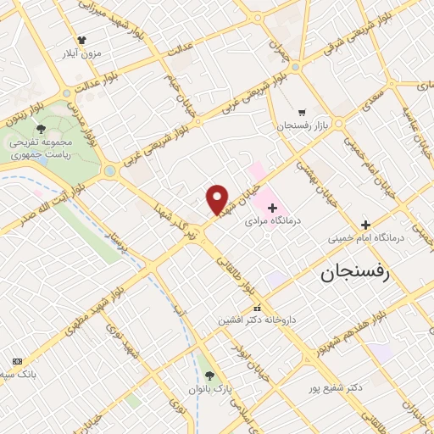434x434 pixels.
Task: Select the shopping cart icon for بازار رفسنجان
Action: pyautogui.click(x=302, y=112)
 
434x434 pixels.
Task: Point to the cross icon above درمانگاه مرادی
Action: pyautogui.click(x=272, y=208)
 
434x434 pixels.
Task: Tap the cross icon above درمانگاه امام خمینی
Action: pyautogui.click(x=365, y=225)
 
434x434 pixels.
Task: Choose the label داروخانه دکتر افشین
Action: pyautogui.click(x=254, y=321)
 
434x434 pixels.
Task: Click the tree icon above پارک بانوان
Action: pyautogui.click(x=209, y=376)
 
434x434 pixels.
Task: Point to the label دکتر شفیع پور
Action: pyautogui.click(x=337, y=388)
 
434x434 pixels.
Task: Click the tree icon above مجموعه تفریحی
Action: pyautogui.click(x=40, y=129)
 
